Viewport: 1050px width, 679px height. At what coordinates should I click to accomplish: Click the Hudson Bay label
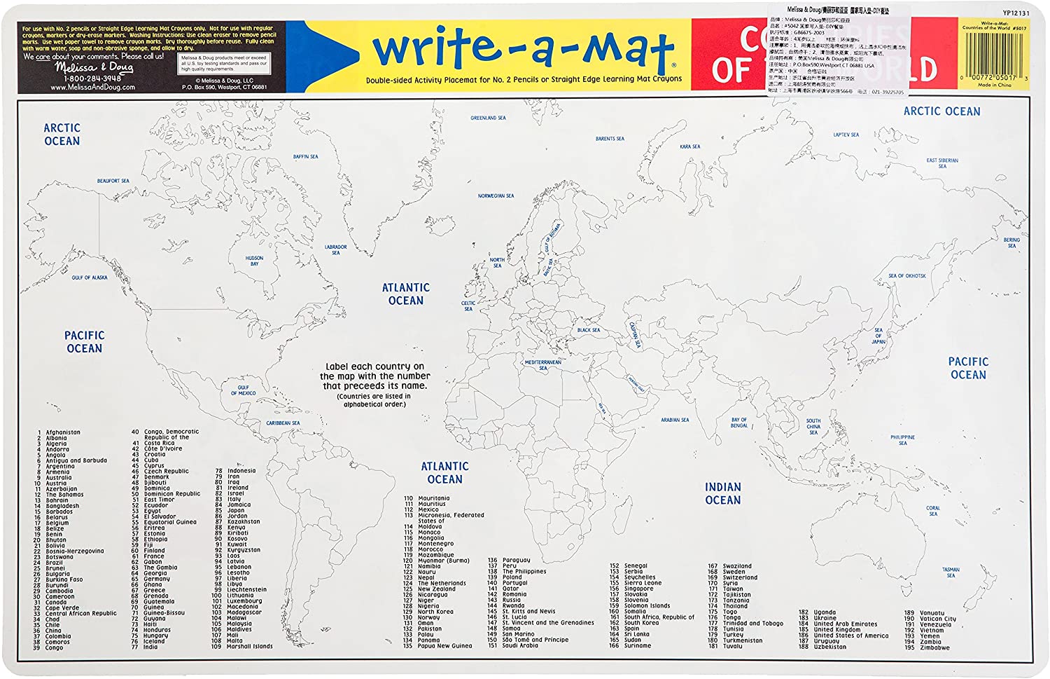click(x=254, y=261)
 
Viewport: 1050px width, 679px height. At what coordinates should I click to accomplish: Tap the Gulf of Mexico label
click(x=243, y=390)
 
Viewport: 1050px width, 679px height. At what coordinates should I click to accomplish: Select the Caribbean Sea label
click(x=283, y=423)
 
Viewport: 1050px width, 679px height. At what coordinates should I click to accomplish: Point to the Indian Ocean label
click(x=722, y=493)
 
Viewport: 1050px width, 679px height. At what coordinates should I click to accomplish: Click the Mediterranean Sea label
click(x=543, y=365)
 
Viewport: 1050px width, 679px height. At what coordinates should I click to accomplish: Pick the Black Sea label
click(x=588, y=330)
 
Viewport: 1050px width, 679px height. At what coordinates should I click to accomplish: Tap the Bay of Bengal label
click(x=739, y=423)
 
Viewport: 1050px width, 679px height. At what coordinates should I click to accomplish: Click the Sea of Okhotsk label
click(x=906, y=276)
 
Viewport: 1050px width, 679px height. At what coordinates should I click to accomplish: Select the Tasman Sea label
click(x=951, y=572)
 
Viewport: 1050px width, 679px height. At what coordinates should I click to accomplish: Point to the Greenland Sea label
click(x=488, y=118)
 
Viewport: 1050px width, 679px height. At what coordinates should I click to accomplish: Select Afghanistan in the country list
click(x=63, y=432)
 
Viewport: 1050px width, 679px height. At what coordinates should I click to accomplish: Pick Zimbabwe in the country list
click(x=935, y=647)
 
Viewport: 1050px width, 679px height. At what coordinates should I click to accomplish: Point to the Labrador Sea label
click(x=335, y=249)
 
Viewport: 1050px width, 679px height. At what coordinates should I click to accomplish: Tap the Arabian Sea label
click(x=675, y=420)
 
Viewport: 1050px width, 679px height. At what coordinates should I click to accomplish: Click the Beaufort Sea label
click(x=113, y=181)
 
